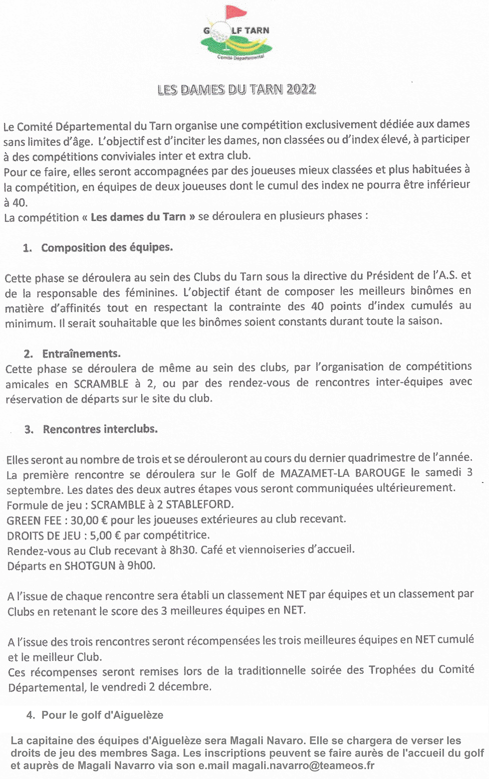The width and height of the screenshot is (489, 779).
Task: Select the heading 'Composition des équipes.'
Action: point(107,247)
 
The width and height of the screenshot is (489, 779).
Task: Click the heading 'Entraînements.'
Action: point(81,353)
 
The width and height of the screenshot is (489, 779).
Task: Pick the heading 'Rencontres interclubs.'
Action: point(100,429)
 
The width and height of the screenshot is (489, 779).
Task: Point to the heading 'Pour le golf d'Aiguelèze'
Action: point(102,715)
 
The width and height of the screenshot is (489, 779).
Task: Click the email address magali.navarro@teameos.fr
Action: point(303,765)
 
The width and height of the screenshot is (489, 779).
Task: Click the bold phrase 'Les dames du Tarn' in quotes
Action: point(138,217)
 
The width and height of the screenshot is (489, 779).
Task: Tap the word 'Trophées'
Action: point(391,670)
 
